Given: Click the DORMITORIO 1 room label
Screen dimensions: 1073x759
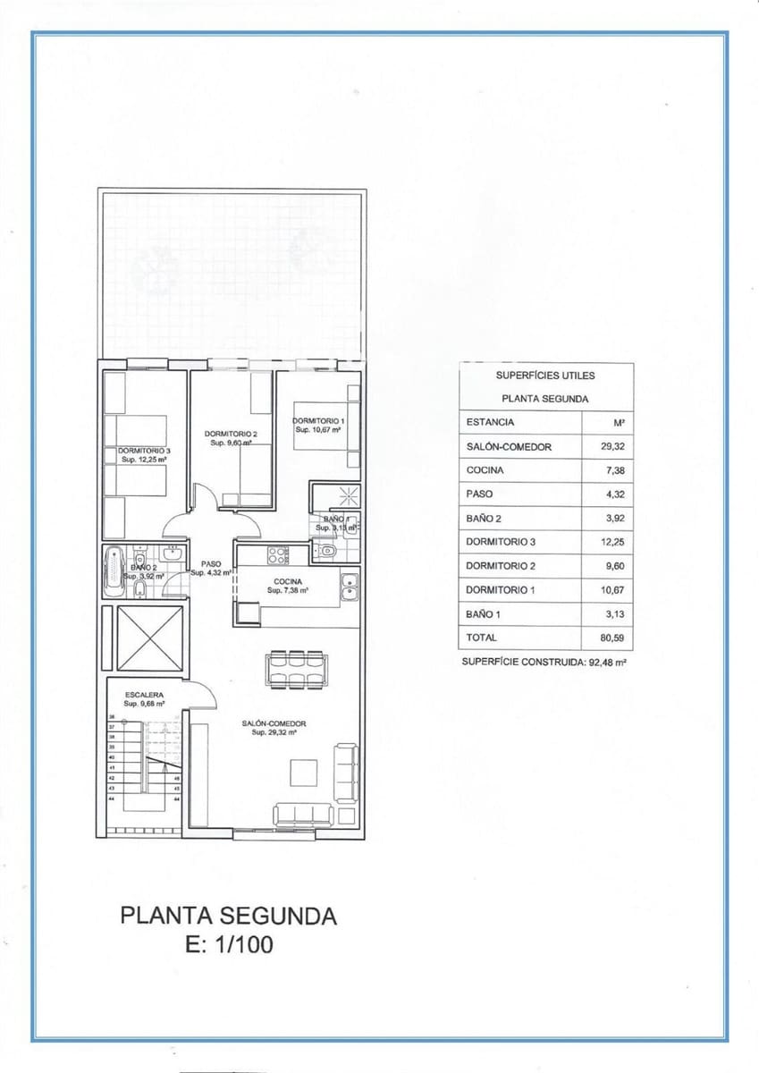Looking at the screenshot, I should tap(317, 420).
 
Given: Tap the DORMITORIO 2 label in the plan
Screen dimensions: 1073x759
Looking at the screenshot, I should tap(231, 435).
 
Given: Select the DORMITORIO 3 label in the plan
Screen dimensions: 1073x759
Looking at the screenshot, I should tap(144, 451).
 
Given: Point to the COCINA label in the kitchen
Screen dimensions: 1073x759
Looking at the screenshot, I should tap(288, 581).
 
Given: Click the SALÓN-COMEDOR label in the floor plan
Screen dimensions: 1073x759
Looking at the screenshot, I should tap(274, 723).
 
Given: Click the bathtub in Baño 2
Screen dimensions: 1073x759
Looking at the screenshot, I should tap(114, 571).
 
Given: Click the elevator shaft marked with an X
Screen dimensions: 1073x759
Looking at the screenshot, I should tap(149, 638).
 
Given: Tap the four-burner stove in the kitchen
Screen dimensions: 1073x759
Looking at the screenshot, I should tap(278, 554).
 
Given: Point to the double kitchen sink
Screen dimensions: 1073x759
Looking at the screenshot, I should tap(349, 588).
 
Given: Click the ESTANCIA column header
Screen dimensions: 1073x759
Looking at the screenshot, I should tap(490, 422).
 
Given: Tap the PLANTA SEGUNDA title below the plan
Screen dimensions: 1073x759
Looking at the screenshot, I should tap(228, 916).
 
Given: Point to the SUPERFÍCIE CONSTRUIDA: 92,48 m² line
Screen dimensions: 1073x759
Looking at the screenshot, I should tap(544, 663).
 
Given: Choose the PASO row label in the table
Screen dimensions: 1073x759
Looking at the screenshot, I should tap(479, 494).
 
